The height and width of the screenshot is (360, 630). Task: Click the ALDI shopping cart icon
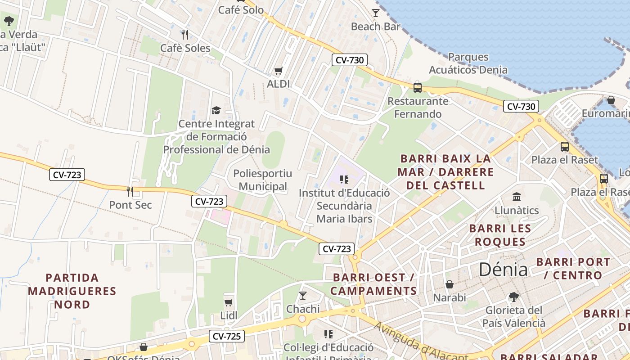point(279,71)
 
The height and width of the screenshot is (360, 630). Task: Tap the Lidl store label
point(229,316)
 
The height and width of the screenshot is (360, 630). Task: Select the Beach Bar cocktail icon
point(376,13)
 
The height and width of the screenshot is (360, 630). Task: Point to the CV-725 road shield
point(226,336)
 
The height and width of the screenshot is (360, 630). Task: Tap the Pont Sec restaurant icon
point(130,192)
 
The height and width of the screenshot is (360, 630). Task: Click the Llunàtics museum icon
point(517,197)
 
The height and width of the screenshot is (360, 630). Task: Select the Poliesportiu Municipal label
point(262,180)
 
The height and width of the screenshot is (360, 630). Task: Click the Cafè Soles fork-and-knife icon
point(184,34)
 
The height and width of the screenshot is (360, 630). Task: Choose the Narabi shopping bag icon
point(449,284)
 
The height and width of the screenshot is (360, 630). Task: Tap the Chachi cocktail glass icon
point(303,296)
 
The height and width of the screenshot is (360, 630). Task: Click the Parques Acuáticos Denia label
point(468,63)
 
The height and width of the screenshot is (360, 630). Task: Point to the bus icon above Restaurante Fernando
point(418,87)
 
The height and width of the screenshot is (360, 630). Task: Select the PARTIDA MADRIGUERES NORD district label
point(72,291)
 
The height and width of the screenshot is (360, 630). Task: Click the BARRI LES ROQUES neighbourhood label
point(500,235)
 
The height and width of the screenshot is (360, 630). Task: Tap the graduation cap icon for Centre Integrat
point(216,110)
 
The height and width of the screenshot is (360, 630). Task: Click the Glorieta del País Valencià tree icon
point(513,297)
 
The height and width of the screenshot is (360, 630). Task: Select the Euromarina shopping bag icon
point(611,100)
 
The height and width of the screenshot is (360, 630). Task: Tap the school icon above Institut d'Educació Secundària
point(344,180)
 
